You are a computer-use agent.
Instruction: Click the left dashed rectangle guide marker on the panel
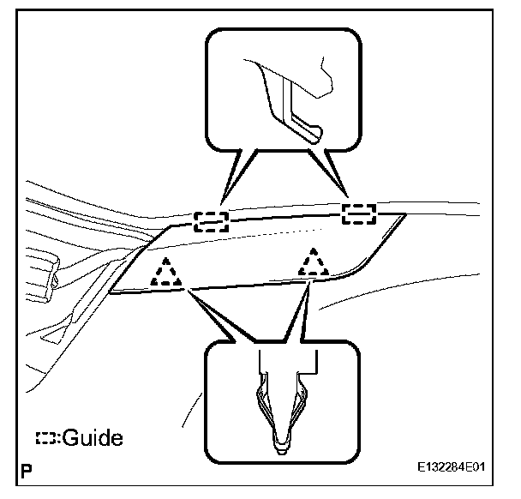click(x=210, y=220)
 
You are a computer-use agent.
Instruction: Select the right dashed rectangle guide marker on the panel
click(x=359, y=213)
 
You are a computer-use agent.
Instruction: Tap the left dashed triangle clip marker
click(x=167, y=273)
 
